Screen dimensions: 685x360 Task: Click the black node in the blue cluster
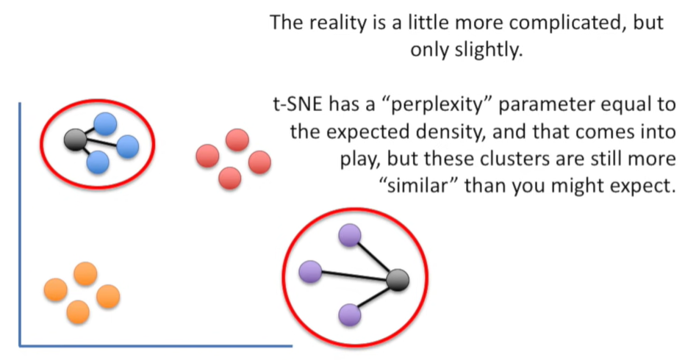tap(75, 140)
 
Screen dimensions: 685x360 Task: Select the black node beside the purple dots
tap(398, 280)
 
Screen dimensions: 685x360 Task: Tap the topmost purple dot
tap(350, 235)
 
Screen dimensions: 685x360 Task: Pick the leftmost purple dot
tap(310, 271)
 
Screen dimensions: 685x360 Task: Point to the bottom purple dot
tap(350, 315)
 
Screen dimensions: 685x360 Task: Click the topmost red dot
tap(237, 140)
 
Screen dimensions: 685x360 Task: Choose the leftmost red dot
tap(207, 156)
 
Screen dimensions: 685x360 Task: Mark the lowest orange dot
tap(78, 312)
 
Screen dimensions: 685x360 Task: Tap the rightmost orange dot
tap(108, 296)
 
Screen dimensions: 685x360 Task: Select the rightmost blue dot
tap(128, 146)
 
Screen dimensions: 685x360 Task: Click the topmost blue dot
tap(105, 123)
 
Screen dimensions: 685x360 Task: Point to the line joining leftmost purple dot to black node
tap(354, 276)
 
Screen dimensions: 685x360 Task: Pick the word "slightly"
tap(489, 50)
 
